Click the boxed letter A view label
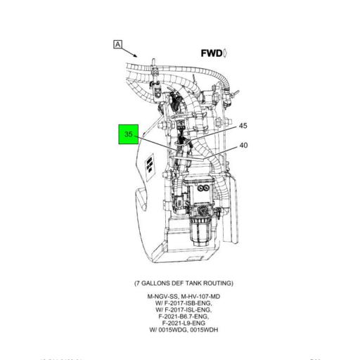pos(117,45)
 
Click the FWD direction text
pos(212,53)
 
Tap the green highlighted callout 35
pos(128,134)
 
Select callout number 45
pos(243,126)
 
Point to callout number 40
pos(243,146)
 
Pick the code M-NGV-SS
pos(162,297)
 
